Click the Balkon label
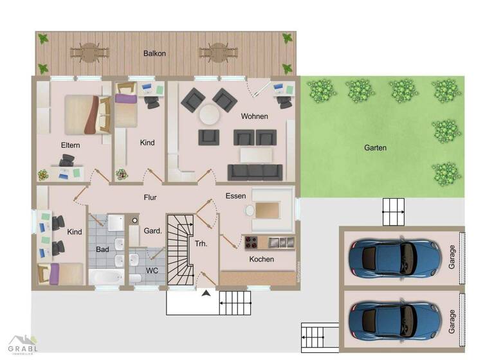(x=155, y=53)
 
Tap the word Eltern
(x=70, y=145)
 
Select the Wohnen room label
(x=254, y=116)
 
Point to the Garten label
(x=375, y=147)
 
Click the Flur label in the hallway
(x=150, y=197)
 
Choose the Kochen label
(x=262, y=259)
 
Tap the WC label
(x=152, y=271)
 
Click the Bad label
(x=102, y=248)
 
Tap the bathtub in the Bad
(x=105, y=278)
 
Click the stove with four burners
(x=252, y=242)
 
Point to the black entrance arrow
(x=206, y=294)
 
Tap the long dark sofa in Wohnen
(x=255, y=172)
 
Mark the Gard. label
(x=152, y=230)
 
